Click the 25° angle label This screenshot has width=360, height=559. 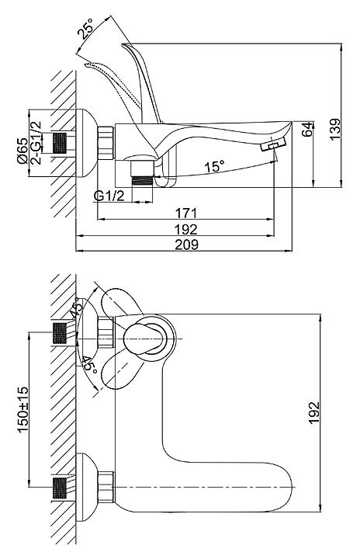(85, 28)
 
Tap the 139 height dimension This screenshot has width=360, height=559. (334, 129)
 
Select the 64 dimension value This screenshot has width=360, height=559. (306, 129)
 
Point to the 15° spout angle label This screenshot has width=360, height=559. (215, 166)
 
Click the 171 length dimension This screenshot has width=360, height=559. (186, 214)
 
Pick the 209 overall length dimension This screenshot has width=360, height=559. (187, 245)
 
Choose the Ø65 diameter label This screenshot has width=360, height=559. (22, 150)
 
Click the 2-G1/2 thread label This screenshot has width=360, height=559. (36, 143)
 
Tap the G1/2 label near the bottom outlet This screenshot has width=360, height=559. (109, 196)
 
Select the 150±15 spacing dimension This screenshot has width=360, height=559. (22, 409)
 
